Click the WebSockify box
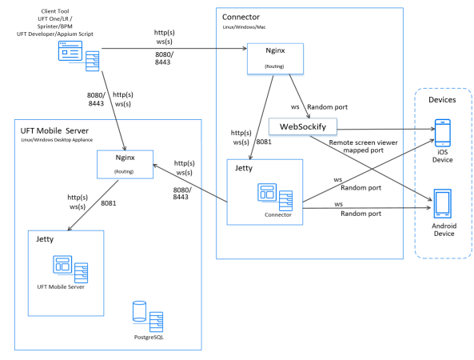pos(303,126)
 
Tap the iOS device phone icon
pos(443,133)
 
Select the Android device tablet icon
pos(443,203)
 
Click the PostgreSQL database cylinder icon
pos(139,311)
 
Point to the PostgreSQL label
pos(149,337)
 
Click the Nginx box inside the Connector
pos(275,58)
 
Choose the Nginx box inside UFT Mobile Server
pos(125,164)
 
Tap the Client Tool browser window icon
pos(70,51)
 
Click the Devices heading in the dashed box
pos(442,100)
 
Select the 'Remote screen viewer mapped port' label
pos(364,146)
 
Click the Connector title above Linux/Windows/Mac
pos(241,17)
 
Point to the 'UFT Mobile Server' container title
pos(54,130)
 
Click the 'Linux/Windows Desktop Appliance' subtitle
pos(57,140)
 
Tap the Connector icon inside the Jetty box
pos(275,197)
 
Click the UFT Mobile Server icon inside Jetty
pos(70,269)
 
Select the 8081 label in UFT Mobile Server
pos(108,203)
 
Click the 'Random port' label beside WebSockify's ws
pos(328,106)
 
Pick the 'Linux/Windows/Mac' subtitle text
pos(245,27)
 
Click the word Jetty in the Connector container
pos(244,168)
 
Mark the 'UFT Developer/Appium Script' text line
pos(54,34)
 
